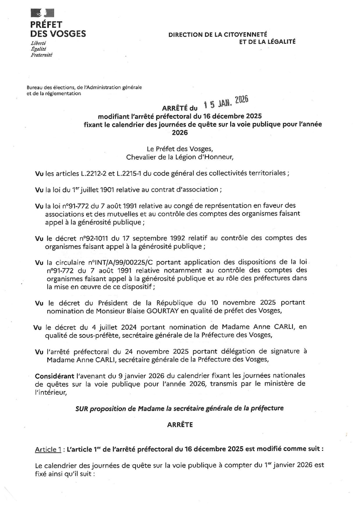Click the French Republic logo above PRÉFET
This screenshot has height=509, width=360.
click(42, 13)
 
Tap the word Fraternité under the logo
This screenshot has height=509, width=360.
click(42, 55)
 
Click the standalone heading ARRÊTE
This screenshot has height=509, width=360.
click(180, 425)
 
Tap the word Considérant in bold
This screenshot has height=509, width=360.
click(54, 376)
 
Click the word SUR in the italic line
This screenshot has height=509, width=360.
click(82, 408)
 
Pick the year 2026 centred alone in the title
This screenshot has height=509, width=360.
click(180, 133)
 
